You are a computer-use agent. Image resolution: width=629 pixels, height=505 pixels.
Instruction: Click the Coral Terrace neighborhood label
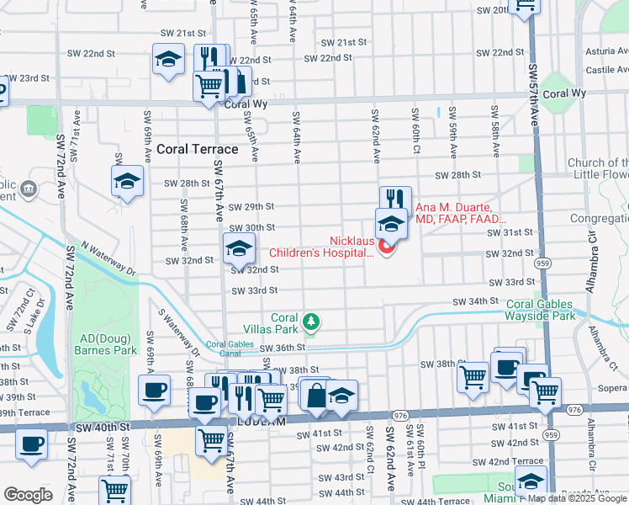[197, 149]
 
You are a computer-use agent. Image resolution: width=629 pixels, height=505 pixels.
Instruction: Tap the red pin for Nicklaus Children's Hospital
[387, 247]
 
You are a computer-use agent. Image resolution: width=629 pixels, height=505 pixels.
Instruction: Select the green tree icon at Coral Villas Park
[311, 321]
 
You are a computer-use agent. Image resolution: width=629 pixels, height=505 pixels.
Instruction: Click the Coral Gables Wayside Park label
[552, 310]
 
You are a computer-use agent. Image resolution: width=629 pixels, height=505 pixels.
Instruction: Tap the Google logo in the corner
[29, 494]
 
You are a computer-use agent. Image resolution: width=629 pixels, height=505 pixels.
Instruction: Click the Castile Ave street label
[605, 70]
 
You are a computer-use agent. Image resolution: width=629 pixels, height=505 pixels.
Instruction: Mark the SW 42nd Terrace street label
[507, 461]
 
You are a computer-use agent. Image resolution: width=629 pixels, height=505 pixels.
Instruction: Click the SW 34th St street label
[476, 301]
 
